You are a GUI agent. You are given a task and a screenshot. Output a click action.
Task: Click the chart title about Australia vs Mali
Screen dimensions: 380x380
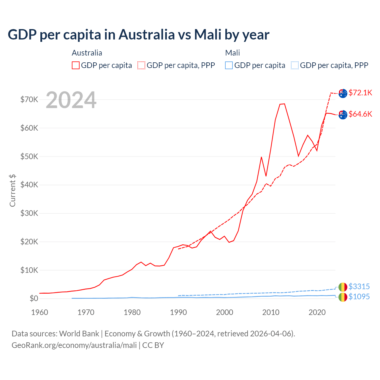138,34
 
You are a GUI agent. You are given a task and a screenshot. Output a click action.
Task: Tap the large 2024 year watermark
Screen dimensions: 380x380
71,100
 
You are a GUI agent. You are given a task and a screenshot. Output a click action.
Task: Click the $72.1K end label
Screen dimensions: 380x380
360,93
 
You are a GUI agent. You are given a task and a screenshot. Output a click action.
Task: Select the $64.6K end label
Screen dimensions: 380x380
360,114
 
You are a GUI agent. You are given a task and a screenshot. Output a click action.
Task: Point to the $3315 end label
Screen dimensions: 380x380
359,286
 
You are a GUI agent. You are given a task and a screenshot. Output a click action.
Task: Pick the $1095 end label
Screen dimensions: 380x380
359,297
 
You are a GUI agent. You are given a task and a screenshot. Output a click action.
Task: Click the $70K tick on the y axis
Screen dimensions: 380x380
29,99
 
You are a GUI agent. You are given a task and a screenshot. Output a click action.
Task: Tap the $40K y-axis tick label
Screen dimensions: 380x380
29,185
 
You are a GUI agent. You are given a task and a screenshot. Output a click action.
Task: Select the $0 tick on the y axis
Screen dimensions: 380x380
34,298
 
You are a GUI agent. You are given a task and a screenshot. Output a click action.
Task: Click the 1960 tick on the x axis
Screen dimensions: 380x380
39,312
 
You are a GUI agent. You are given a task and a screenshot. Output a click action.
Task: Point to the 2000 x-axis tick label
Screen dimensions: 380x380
224,312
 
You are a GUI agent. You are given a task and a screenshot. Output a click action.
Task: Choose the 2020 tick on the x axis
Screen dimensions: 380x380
317,312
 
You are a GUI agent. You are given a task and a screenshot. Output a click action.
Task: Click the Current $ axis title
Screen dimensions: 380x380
12,191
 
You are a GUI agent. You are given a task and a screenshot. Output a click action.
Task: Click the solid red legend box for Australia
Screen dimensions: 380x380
76,65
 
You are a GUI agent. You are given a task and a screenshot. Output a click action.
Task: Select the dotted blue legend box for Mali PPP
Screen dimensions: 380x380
295,65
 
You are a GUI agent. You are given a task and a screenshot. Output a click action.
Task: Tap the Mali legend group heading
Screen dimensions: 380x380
232,53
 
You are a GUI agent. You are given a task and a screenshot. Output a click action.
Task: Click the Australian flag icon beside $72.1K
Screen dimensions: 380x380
343,93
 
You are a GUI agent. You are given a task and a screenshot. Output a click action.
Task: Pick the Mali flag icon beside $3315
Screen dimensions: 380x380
343,287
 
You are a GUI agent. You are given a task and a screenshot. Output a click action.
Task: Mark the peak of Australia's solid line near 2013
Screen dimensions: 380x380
284,104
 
